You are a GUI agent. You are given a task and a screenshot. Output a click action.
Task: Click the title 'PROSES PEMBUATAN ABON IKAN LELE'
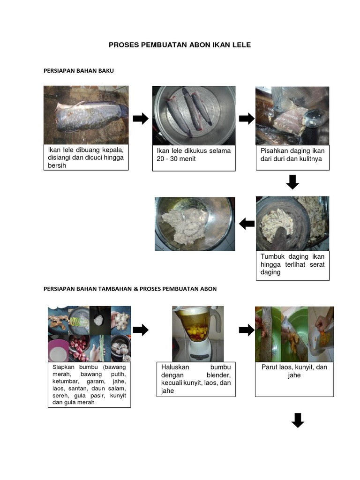point(180,45)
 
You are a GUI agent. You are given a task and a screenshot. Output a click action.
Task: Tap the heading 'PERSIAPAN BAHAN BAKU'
point(79,71)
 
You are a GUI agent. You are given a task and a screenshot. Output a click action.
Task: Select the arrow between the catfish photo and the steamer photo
point(141,119)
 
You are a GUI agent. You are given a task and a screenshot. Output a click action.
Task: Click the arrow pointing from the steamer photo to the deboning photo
point(247,119)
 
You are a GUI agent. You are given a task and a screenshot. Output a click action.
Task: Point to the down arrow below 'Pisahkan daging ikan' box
point(292,182)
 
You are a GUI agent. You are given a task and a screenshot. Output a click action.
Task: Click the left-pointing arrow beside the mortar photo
point(247,224)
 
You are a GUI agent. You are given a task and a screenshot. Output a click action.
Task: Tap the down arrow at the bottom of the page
point(298,420)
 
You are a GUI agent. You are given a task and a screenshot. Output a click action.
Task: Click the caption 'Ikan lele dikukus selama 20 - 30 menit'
point(194,155)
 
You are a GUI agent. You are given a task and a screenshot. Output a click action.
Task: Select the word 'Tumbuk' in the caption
point(272,256)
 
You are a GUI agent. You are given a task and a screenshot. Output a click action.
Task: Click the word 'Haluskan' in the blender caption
point(175,367)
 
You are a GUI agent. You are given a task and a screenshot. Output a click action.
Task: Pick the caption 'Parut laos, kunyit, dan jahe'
point(294,371)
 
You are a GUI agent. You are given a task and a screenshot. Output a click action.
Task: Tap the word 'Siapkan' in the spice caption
point(63,367)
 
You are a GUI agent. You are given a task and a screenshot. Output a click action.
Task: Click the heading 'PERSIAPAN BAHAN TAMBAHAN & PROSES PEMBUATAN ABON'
point(130,289)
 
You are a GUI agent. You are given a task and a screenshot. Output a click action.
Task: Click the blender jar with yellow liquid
point(195,326)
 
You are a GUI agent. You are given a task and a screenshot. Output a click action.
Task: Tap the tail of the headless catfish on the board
point(123,111)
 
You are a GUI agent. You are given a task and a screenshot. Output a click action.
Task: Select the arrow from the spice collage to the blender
point(141,330)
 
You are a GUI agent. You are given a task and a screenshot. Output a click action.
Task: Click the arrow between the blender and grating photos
point(247,330)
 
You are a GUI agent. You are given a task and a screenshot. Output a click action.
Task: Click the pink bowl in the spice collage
point(58,350)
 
